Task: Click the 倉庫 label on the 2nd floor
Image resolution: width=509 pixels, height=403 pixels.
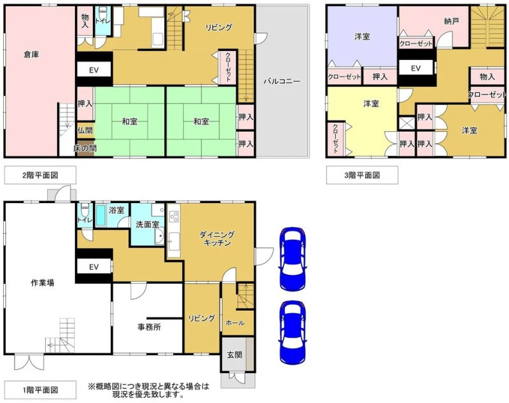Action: coord(31,54)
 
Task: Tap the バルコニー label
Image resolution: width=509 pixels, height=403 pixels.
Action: coord(282,81)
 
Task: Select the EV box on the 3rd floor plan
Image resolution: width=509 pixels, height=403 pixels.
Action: coord(416,68)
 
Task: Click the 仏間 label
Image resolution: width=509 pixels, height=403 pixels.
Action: coord(85,131)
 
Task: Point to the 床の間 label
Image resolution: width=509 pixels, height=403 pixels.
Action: coord(85,148)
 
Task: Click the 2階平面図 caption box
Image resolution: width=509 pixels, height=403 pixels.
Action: coord(40,175)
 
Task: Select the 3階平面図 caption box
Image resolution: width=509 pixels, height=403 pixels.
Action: coord(362,175)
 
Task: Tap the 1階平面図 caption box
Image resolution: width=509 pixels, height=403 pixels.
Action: coord(40,390)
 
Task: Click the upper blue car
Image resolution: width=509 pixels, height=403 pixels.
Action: coord(293,259)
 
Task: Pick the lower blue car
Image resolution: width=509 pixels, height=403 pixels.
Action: coord(293,332)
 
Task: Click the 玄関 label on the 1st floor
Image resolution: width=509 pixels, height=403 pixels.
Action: coord(234,355)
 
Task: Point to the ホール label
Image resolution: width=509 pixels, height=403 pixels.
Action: coord(235,323)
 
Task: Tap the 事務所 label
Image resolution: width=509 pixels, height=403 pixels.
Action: coord(150,327)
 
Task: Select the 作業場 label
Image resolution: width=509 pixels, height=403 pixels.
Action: coord(43,283)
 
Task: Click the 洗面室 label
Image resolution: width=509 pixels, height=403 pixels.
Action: coord(148,224)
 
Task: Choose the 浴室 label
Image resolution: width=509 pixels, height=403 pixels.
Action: coord(117,210)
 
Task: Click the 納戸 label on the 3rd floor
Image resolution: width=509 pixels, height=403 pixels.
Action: coord(452,22)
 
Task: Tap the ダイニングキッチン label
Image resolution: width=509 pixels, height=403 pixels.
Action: coord(217,239)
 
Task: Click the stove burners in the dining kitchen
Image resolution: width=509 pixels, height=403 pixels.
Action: coord(174,216)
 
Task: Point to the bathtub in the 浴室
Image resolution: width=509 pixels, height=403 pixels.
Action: coord(101,215)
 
